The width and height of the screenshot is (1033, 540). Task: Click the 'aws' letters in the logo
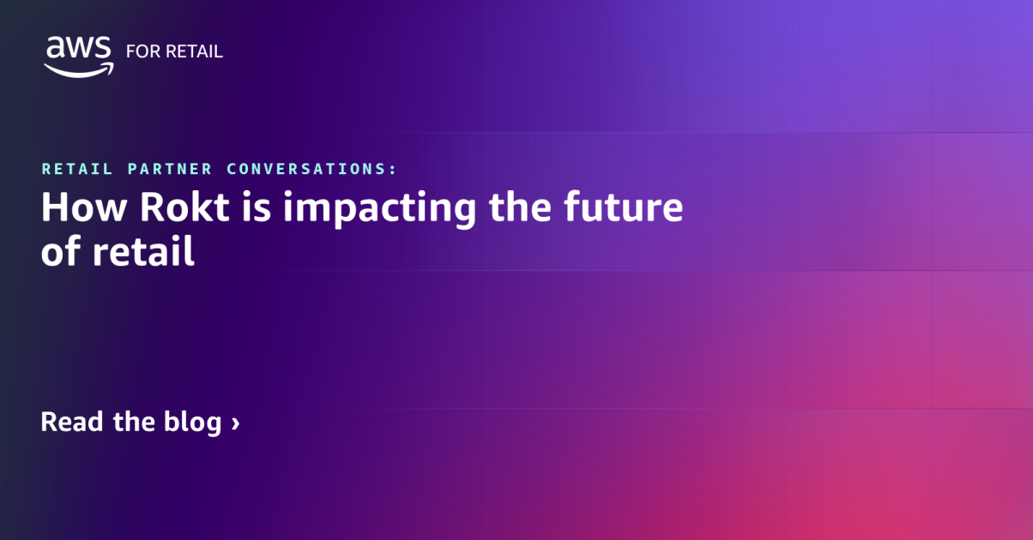point(79,47)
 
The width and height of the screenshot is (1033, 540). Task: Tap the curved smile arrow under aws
point(80,69)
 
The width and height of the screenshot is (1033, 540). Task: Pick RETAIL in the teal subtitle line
point(77,169)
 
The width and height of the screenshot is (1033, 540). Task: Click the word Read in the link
point(74,422)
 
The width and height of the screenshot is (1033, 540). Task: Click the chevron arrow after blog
point(235,423)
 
